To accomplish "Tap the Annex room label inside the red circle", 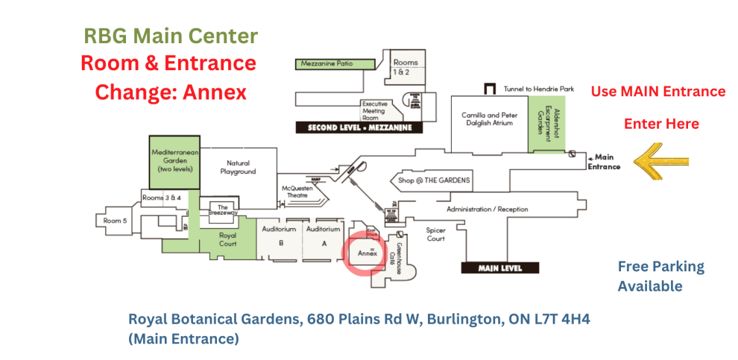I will coord(365,253).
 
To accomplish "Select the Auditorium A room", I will coord(324,235).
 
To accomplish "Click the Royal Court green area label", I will coord(227,239).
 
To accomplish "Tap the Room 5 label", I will coord(114,221).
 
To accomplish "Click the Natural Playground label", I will coord(238,167).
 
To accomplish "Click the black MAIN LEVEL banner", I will coord(501,268).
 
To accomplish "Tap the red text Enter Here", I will coord(661,124).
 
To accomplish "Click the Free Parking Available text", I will coord(650,276).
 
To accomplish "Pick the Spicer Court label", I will coord(436,235).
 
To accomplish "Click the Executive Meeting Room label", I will coord(375,110).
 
